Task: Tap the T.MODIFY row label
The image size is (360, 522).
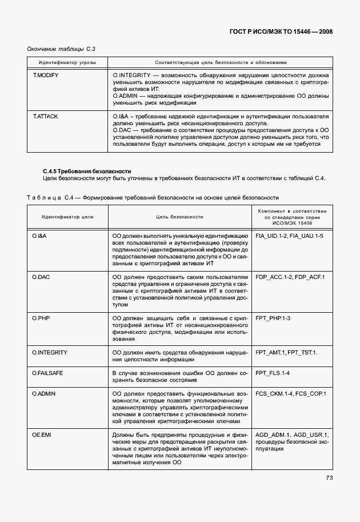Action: point(45,75)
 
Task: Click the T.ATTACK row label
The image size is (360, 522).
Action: point(45,117)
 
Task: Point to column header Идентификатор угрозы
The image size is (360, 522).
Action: point(67,62)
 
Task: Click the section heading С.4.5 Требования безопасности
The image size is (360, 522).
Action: point(87,171)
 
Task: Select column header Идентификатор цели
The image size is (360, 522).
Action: point(67,217)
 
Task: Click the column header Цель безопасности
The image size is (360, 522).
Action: point(179,217)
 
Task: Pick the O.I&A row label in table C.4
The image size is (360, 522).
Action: point(39,236)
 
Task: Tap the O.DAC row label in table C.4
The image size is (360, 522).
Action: point(41,277)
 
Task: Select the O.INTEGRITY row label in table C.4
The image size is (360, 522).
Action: point(50,352)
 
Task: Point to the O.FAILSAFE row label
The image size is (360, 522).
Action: point(48,373)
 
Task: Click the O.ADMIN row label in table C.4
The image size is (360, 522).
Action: point(43,393)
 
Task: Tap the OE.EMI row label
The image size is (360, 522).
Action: point(41,435)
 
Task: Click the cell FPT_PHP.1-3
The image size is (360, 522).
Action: point(273,318)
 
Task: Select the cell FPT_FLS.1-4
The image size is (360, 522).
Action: point(273,373)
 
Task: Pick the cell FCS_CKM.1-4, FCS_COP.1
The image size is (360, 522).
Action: point(291,393)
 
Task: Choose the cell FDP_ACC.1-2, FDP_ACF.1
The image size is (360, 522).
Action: point(290,277)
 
